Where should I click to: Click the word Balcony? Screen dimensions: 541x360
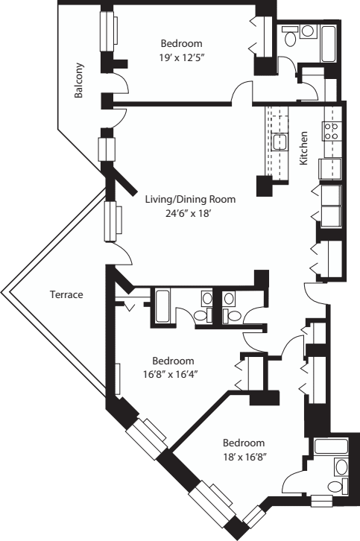[x=78, y=80]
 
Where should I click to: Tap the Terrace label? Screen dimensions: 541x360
[x=66, y=294]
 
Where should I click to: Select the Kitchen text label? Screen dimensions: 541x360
[x=303, y=148]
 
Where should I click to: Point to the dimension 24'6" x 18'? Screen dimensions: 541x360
[x=189, y=212]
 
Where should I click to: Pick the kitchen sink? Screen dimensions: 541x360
[x=280, y=141]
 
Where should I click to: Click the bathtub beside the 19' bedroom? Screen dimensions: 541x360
[x=329, y=44]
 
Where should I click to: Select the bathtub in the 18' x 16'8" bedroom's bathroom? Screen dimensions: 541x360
[x=328, y=447]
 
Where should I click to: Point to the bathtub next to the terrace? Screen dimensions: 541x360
[x=162, y=306]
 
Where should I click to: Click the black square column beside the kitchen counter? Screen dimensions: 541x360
[x=265, y=186]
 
